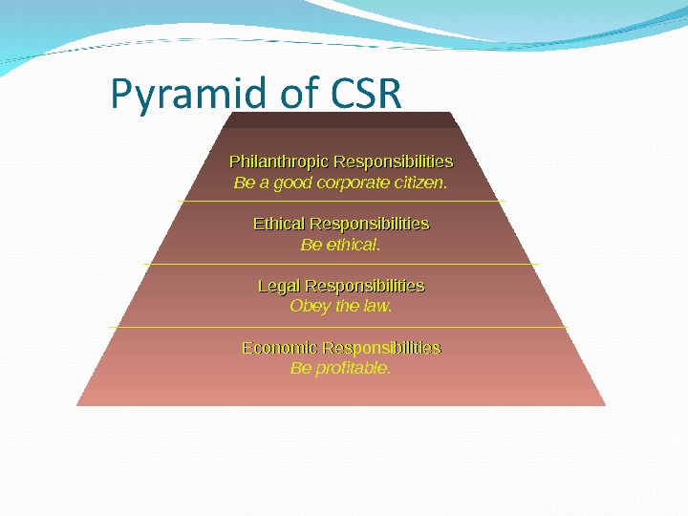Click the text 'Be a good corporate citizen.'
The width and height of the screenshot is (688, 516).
(x=341, y=182)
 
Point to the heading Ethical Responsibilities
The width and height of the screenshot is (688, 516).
(x=341, y=224)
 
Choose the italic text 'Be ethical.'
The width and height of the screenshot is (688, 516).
(x=341, y=245)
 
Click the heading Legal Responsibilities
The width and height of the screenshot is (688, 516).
(x=341, y=286)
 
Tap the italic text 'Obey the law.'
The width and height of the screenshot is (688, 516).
(x=341, y=307)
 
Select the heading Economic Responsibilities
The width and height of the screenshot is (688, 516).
(x=341, y=347)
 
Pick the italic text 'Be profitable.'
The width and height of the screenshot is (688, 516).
(x=341, y=368)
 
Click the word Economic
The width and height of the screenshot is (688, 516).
(x=280, y=347)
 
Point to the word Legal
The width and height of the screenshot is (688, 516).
(x=279, y=286)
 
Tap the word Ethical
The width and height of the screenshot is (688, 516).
(x=278, y=224)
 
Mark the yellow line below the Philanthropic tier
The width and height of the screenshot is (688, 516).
(x=341, y=202)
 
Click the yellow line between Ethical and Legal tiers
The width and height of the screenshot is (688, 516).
(x=341, y=264)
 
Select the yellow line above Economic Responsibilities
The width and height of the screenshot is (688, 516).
(x=341, y=327)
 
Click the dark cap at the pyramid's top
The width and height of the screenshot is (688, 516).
(x=341, y=119)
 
